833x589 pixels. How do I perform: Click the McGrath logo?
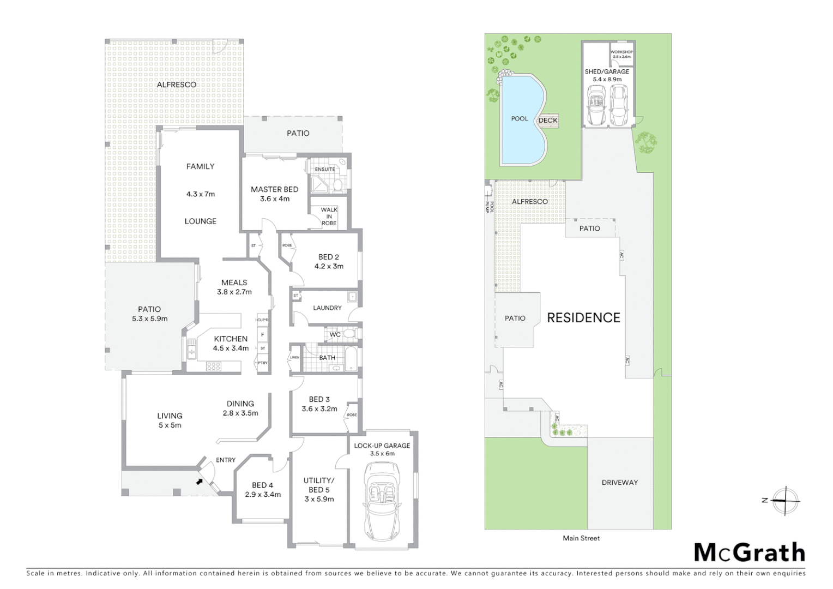point(749,552)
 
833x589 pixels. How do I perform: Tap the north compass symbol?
point(784,500)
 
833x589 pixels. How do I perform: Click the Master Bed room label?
point(274,189)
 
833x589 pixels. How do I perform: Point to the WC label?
point(335,334)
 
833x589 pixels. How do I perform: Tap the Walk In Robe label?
point(329,217)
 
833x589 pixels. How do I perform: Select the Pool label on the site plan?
point(519,119)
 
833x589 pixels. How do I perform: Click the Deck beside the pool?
point(548,121)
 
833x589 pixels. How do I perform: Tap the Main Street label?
point(581,538)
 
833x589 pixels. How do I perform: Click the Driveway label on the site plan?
point(619,483)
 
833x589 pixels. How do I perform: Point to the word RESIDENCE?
point(583,318)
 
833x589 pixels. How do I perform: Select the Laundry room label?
point(327,308)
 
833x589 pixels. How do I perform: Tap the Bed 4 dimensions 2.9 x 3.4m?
point(263,495)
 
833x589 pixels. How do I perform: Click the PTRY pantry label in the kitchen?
point(263,363)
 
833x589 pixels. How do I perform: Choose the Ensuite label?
point(325,170)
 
